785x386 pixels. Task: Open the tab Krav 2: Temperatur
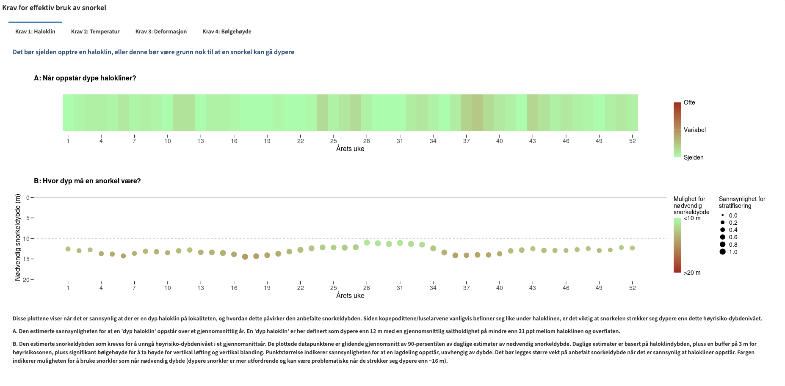point(95,31)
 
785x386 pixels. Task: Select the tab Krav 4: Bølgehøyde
point(227,31)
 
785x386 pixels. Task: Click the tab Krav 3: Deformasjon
point(161,31)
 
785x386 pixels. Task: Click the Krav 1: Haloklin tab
point(35,31)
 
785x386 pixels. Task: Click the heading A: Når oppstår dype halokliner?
point(85,78)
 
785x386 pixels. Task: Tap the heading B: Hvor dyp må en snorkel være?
point(87,181)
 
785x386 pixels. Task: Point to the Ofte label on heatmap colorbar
point(689,102)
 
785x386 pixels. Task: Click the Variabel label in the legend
point(694,130)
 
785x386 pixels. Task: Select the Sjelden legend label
point(693,157)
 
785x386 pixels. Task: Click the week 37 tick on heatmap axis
point(466,141)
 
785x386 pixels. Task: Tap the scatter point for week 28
point(367,243)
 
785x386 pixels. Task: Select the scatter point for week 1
point(68,249)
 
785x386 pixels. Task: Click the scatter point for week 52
point(632,248)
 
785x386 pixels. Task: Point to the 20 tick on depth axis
point(26,280)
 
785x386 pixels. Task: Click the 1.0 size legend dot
point(722,252)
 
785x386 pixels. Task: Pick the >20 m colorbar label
point(692,273)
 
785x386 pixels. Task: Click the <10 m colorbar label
point(692,218)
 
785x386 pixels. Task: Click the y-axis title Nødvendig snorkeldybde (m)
point(17,237)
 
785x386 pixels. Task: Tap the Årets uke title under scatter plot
point(350,295)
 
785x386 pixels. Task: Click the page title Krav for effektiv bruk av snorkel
point(54,8)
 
